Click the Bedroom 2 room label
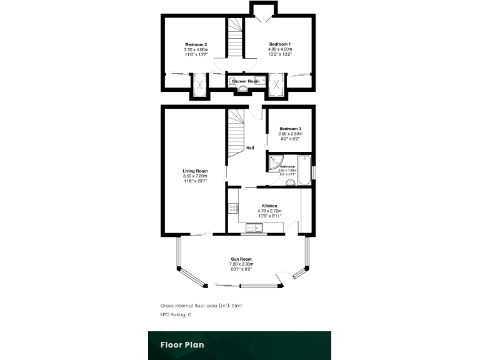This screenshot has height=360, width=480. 196,44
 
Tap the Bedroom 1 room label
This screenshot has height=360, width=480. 280,44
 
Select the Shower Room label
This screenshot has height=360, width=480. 246,81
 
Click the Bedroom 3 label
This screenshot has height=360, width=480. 291,129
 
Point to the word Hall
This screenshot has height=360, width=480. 250,148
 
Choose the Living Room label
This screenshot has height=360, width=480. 195,171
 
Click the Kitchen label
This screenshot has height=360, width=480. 269,206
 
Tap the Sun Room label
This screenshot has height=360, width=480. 239,259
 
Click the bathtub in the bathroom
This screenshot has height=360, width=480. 304,169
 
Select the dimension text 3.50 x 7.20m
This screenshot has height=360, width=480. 195,176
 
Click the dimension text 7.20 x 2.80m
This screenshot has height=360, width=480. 239,264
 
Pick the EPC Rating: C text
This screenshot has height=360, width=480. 176,314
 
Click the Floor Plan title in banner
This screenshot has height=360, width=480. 182,344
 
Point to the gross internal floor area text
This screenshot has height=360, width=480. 201,306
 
